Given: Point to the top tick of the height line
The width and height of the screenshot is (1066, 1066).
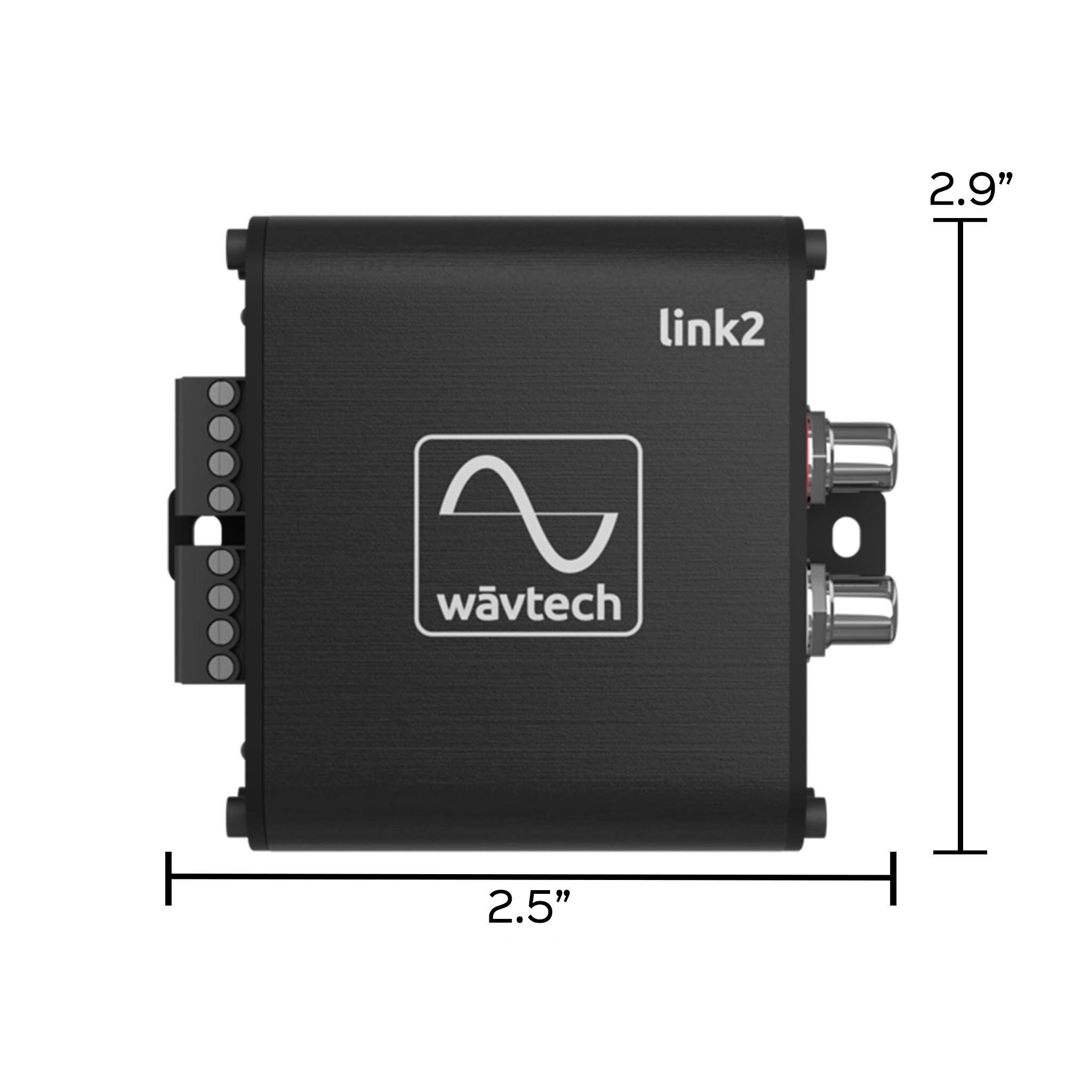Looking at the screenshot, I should [960, 220].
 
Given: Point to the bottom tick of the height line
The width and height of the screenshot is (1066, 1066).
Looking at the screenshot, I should [960, 852].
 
